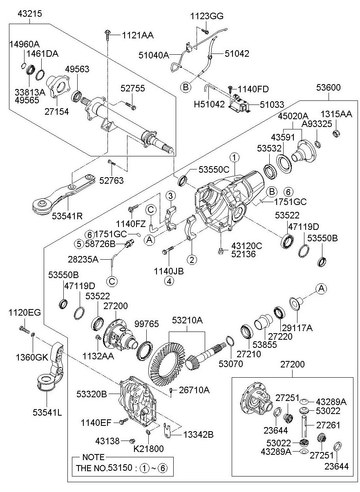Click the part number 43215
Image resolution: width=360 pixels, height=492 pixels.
coord(30,13)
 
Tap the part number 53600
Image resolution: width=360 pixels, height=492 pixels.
coord(328,87)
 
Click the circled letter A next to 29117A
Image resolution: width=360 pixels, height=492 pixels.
coord(321,289)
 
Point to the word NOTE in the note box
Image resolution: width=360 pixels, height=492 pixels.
coord(93,457)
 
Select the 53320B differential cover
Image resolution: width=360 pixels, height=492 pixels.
coord(135,400)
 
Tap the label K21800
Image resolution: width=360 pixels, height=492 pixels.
coord(148,449)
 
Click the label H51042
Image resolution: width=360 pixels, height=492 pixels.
coord(209,104)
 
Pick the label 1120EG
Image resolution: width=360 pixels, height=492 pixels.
coord(25,313)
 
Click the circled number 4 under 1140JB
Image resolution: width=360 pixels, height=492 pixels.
coord(169,281)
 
